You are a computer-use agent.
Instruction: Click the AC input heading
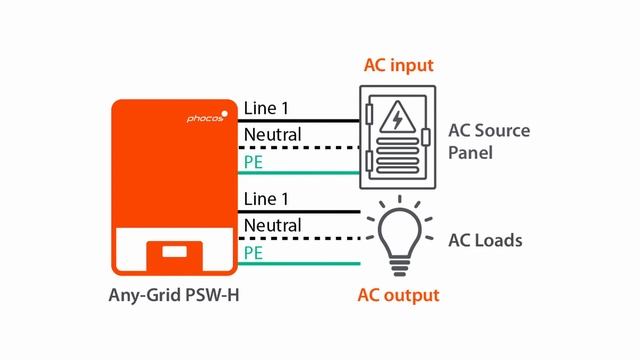(398, 66)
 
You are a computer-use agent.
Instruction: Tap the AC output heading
(398, 295)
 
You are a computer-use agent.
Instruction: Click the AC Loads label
(484, 241)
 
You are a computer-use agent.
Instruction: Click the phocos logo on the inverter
(207, 118)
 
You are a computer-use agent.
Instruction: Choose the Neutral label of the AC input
(272, 134)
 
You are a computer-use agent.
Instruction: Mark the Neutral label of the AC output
(272, 225)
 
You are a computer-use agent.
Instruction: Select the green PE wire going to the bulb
(320, 264)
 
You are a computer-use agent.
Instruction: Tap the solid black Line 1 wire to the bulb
(320, 211)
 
